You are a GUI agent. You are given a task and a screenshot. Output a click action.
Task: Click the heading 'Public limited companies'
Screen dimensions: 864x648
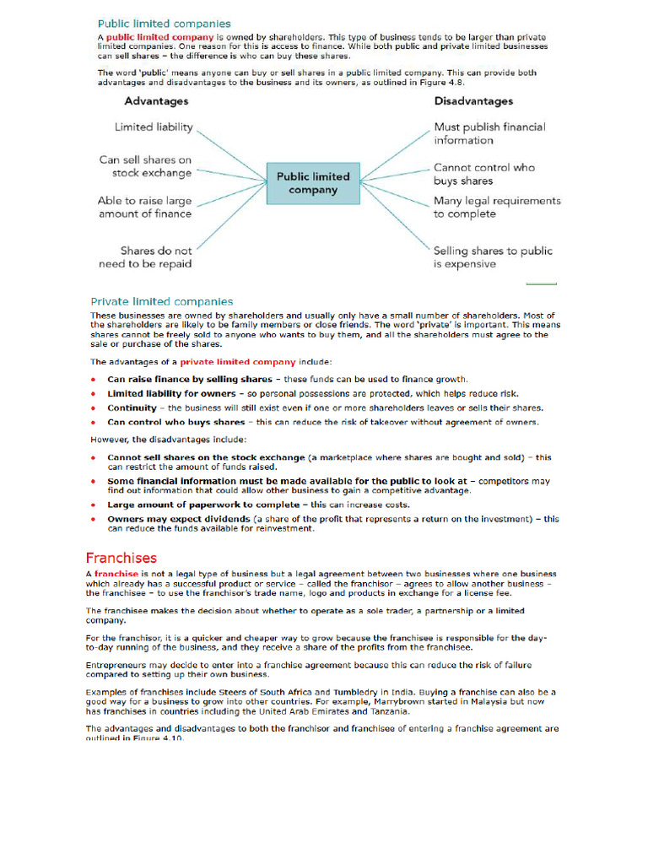point(165,24)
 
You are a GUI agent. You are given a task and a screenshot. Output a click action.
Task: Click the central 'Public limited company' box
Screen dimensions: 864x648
point(313,183)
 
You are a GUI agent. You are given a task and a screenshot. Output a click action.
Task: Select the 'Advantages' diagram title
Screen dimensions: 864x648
point(156,101)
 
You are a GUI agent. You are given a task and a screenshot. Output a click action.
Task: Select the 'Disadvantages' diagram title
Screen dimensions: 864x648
point(473,101)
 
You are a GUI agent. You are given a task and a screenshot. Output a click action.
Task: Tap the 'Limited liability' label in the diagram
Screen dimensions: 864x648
point(154,127)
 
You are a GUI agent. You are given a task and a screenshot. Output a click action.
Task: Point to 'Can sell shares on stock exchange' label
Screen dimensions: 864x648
point(145,166)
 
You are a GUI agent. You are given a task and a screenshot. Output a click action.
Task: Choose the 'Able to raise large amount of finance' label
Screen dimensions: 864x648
point(144,208)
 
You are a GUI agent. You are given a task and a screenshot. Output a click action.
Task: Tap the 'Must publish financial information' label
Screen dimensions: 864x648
point(489,133)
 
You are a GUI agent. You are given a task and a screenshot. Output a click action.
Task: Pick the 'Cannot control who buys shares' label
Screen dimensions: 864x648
point(484,174)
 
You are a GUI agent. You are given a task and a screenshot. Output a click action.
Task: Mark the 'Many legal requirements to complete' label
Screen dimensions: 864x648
point(497,208)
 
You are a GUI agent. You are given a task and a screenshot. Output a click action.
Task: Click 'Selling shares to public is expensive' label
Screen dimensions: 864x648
point(493,257)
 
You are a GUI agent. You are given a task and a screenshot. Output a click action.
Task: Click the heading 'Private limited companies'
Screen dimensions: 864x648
point(162,301)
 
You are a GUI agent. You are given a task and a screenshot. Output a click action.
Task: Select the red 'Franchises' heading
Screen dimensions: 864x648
point(121,558)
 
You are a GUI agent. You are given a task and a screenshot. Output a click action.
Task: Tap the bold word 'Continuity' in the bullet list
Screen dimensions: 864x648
point(132,408)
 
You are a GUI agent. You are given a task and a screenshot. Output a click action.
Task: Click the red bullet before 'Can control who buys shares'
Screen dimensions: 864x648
point(94,422)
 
